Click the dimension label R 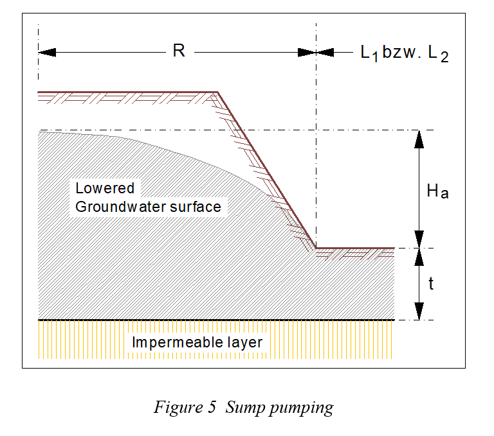pyautogui.click(x=179, y=51)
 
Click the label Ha pyautogui.click(x=437, y=190)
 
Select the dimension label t pyautogui.click(x=430, y=283)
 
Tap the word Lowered pyautogui.click(x=105, y=188)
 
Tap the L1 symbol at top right pyautogui.click(x=369, y=53)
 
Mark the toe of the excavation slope pyautogui.click(x=316, y=248)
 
